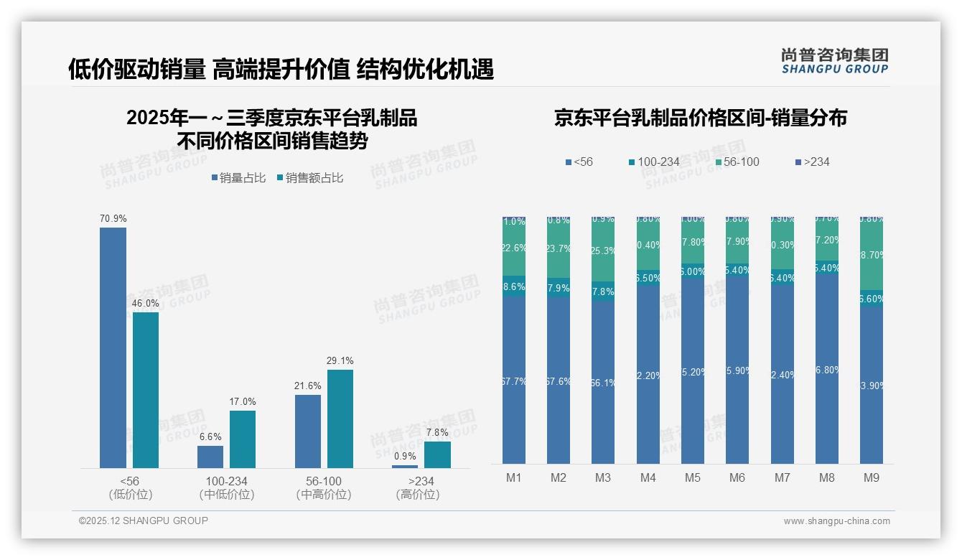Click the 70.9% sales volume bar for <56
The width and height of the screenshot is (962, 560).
(113, 347)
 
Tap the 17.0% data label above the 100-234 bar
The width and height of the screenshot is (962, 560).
(243, 401)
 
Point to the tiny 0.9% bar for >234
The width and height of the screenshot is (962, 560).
(405, 466)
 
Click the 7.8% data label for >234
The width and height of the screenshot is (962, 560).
(436, 432)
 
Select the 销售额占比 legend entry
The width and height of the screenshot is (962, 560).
(309, 178)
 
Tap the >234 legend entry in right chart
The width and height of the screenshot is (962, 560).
(812, 162)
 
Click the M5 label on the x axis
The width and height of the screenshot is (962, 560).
(693, 477)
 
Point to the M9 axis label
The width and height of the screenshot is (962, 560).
(871, 477)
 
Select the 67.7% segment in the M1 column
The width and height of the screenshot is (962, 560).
(514, 381)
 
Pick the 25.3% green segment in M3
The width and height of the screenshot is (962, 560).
(603, 251)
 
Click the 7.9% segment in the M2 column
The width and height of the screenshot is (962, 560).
(559, 288)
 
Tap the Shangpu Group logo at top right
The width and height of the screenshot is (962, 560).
(834, 61)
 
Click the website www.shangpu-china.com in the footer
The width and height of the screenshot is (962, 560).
(836, 521)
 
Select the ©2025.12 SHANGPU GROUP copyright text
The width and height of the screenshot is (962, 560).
(144, 521)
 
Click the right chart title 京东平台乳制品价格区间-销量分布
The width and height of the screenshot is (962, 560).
(700, 118)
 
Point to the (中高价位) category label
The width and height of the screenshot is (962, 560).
(324, 495)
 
